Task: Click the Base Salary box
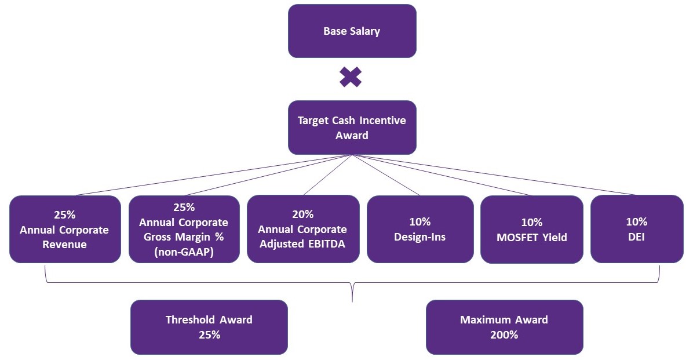coord(352,31)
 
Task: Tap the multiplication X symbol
coord(351,77)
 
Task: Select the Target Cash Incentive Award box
coord(352,128)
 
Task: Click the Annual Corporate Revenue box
coord(64,229)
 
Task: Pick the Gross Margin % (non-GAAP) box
coord(184,229)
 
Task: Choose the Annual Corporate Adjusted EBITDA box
coord(302,229)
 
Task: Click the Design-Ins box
coord(420,229)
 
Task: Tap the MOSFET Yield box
coord(531,229)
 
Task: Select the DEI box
coord(636,229)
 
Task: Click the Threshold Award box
coord(209,327)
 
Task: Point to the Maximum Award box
coord(504,327)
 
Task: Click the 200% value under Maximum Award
coord(504,334)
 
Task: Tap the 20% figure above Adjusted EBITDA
coord(302,214)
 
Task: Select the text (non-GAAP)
coord(184,252)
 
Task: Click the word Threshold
coord(191,320)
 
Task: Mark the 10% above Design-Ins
coord(420,222)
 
